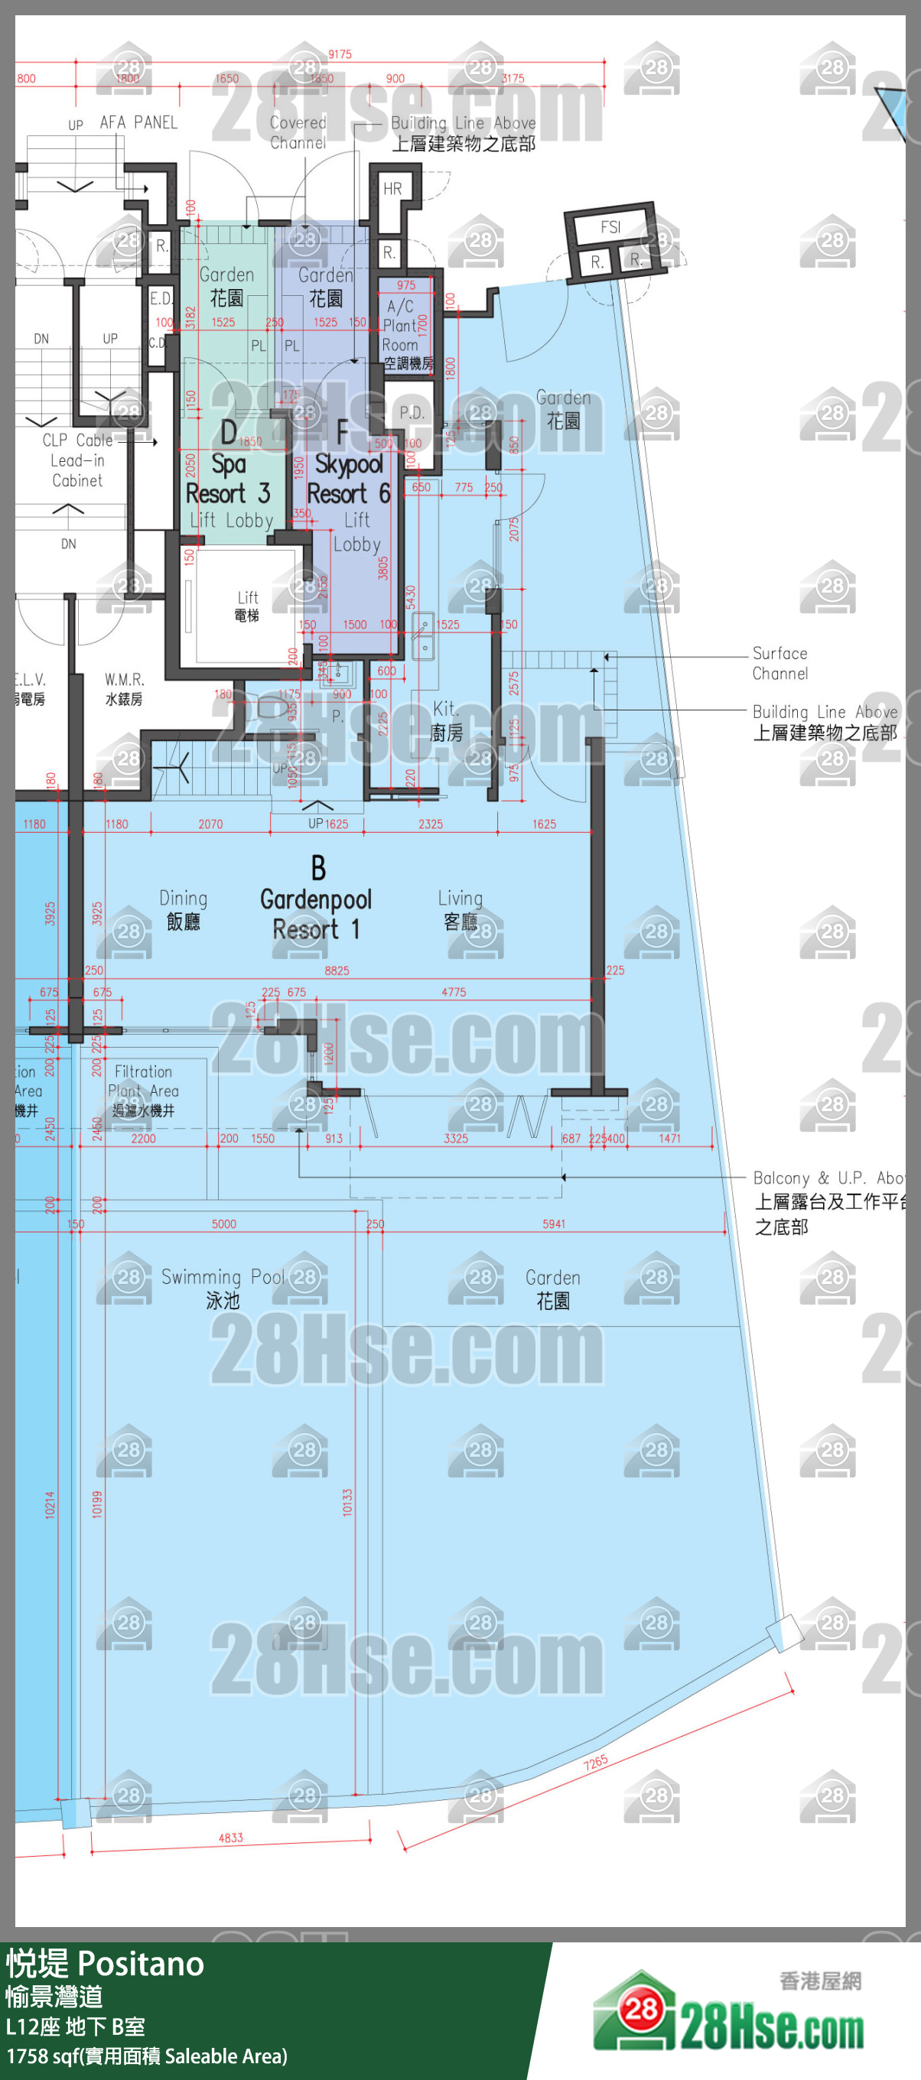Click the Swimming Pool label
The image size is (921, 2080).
coord(222,1288)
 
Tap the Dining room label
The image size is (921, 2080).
coord(184,909)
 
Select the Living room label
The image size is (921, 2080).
coord(460,909)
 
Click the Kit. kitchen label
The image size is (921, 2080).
coord(446,720)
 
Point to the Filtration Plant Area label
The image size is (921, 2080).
coord(143,1090)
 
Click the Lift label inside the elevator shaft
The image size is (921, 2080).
coord(247,605)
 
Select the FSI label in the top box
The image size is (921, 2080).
coord(610,228)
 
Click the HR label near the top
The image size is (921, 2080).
coord(392,189)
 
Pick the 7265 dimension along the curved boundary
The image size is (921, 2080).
coord(596,1763)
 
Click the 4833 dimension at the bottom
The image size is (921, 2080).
coord(230,1838)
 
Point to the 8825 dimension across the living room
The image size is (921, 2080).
coord(337,970)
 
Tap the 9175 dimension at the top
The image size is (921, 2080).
coord(340,54)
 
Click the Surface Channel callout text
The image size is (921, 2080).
coord(779,663)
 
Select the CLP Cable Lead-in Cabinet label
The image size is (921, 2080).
coord(77,460)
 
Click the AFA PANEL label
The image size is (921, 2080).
coord(138,122)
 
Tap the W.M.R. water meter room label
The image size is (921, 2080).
coord(125,689)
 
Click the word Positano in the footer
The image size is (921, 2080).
coord(142,1964)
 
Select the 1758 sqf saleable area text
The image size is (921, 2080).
coord(146,2056)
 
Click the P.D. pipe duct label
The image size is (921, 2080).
coord(412,413)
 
